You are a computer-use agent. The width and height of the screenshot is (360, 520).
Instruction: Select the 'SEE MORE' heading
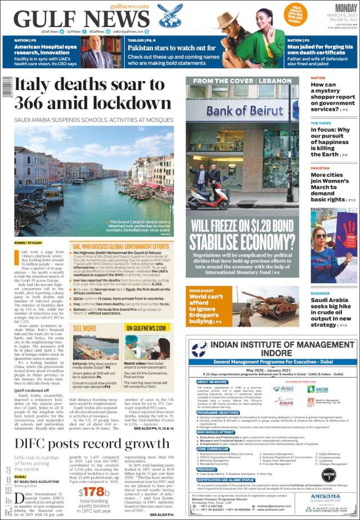pyautogui.click(x=85, y=328)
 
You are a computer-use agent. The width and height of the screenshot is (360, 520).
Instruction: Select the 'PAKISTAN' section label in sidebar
pyautogui.click(x=320, y=168)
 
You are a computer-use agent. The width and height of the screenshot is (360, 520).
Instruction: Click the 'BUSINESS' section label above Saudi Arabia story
pyautogui.click(x=320, y=293)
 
